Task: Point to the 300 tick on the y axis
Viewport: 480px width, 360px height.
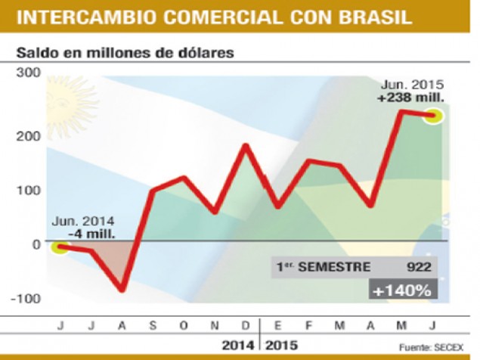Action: [28, 73]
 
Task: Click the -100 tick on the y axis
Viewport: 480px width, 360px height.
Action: [26, 297]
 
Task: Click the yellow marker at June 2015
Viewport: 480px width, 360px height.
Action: [432, 115]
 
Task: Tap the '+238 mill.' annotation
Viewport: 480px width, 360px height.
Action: [411, 97]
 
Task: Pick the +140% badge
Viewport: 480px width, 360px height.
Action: [401, 290]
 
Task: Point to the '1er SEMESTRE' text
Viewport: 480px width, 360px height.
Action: [321, 267]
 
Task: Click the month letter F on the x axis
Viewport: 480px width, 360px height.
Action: [308, 325]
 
